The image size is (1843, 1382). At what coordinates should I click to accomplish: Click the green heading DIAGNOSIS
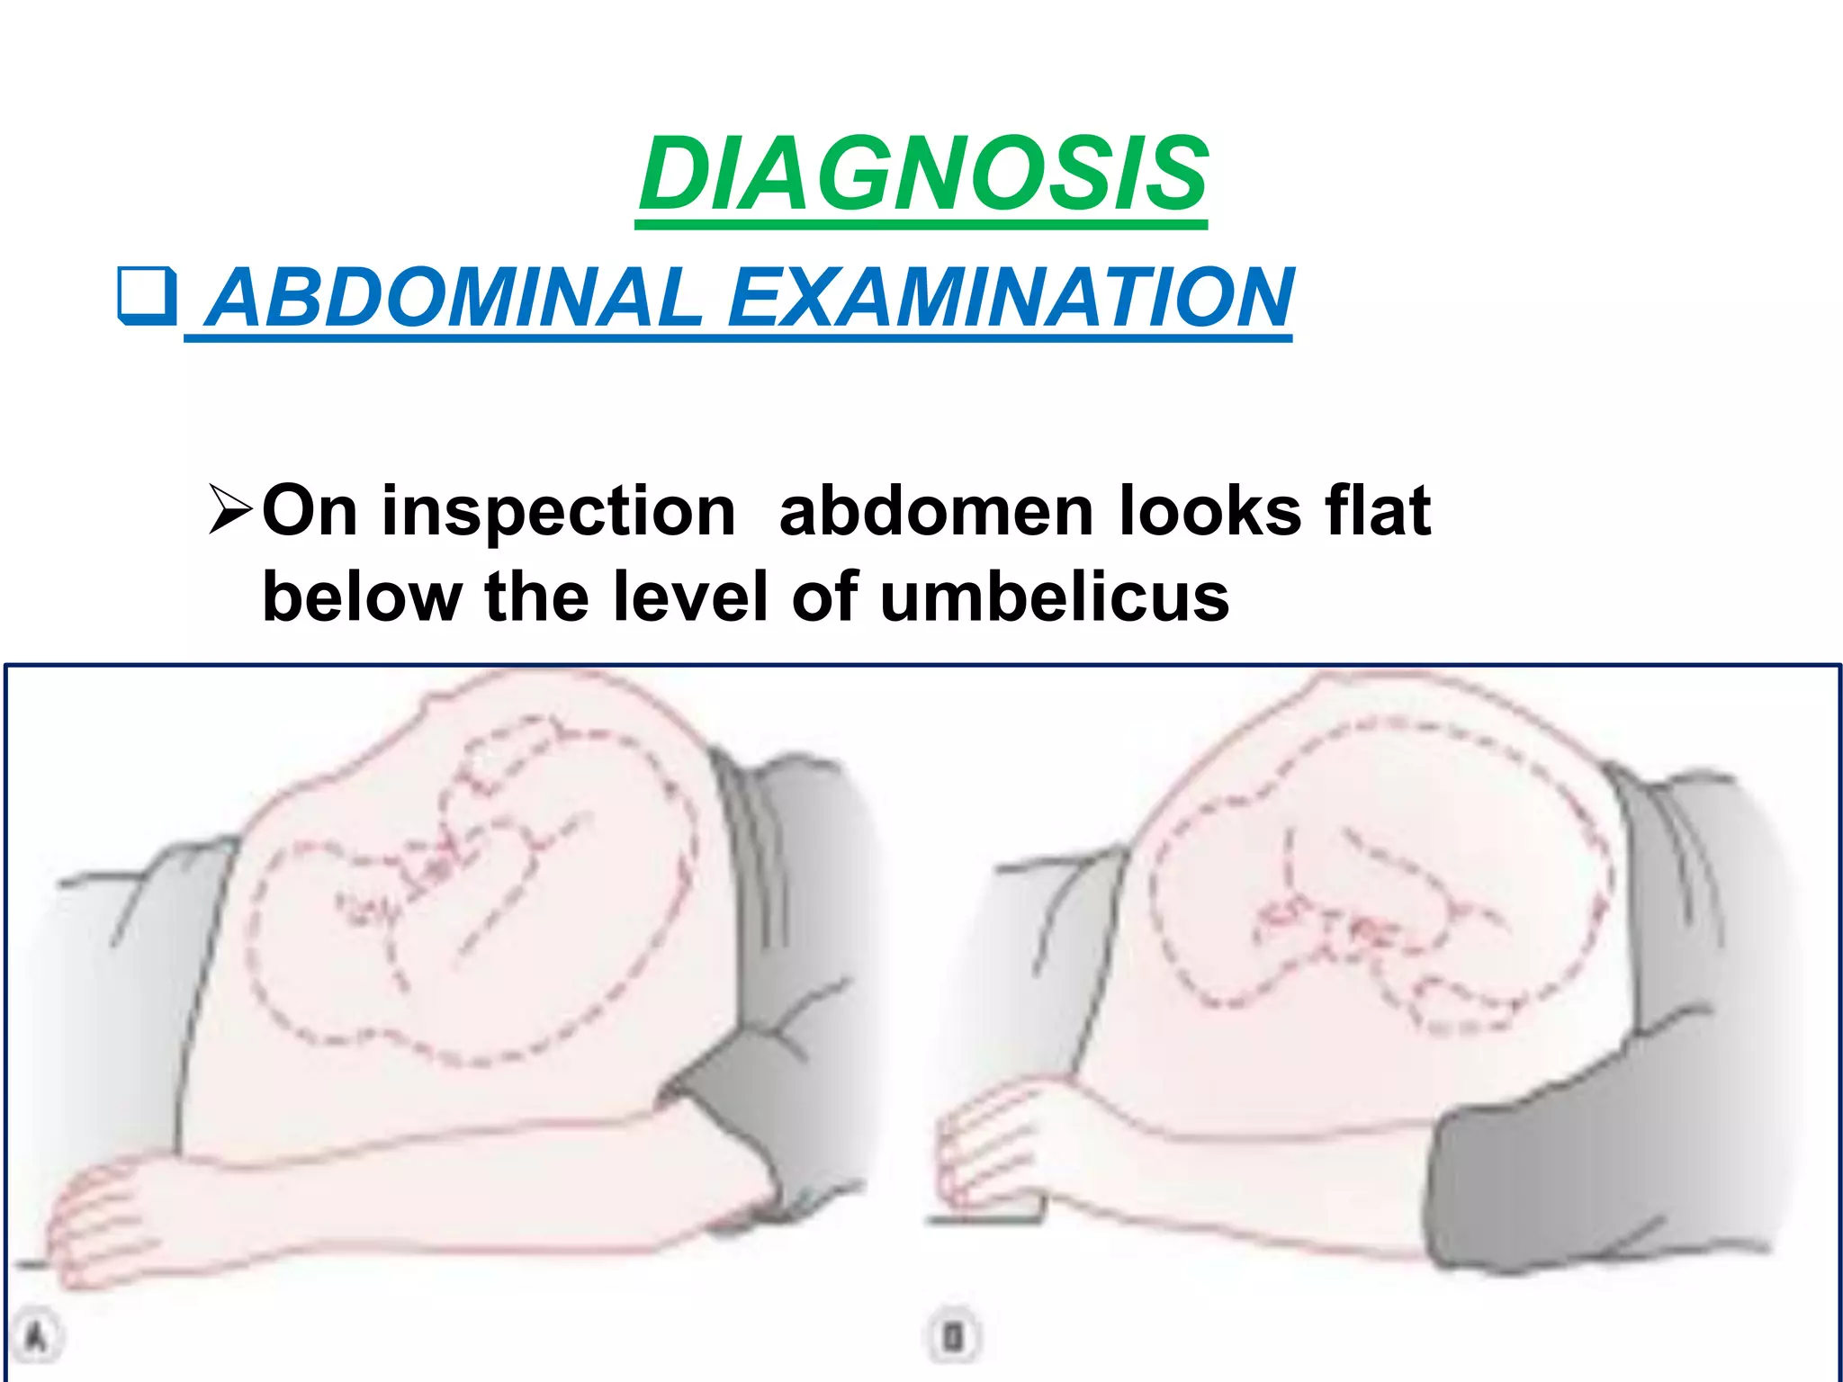(922, 174)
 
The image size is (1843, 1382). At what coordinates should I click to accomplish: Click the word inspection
(558, 512)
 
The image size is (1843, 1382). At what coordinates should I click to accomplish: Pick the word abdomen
(936, 510)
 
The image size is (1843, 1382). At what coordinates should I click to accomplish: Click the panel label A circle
(36, 1336)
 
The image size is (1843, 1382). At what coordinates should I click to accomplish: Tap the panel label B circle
(952, 1336)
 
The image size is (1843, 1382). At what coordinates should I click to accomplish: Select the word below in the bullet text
(361, 597)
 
